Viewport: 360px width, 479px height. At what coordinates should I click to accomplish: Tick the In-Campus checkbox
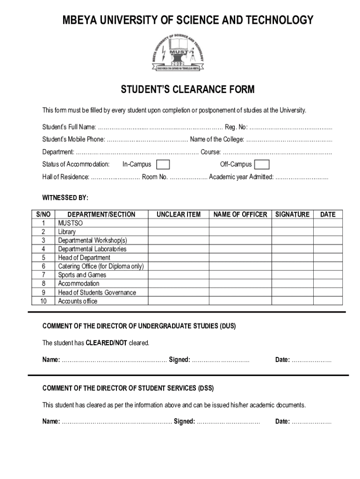pyautogui.click(x=163, y=164)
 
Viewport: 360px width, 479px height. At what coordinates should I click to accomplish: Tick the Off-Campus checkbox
pyautogui.click(x=262, y=164)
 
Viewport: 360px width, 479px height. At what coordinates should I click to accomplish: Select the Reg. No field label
pyautogui.click(x=236, y=127)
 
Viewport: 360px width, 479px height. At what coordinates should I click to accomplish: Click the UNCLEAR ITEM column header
pyautogui.click(x=178, y=214)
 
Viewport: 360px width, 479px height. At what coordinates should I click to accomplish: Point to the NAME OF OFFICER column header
pyautogui.click(x=240, y=214)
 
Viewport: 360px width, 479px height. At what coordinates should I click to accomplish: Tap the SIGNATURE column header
pyautogui.click(x=292, y=214)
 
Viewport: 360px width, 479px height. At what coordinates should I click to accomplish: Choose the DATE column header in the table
pyautogui.click(x=327, y=214)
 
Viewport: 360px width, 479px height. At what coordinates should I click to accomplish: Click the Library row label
pyautogui.click(x=66, y=232)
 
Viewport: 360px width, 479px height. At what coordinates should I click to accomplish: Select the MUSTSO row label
pyautogui.click(x=70, y=223)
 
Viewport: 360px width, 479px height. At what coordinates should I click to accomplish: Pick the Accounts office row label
pyautogui.click(x=78, y=301)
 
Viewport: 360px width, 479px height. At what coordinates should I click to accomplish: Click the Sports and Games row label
pyautogui.click(x=82, y=275)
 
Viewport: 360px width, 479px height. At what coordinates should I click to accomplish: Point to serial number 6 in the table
pyautogui.click(x=43, y=266)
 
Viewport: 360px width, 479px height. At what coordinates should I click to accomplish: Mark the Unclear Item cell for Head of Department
pyautogui.click(x=178, y=258)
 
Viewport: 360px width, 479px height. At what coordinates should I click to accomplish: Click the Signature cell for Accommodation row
pyautogui.click(x=292, y=283)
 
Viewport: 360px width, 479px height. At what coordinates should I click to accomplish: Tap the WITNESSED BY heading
pyautogui.click(x=65, y=197)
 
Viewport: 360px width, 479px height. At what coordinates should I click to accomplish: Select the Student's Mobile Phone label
pyautogui.click(x=73, y=139)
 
